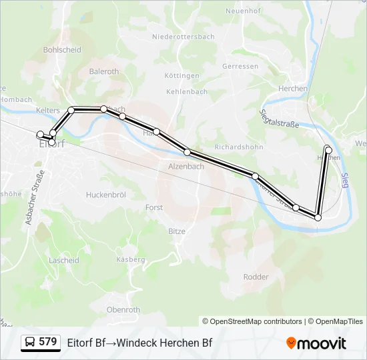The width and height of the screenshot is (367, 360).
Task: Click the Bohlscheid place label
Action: [x=62, y=49]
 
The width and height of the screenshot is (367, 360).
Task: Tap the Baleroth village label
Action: [x=103, y=71]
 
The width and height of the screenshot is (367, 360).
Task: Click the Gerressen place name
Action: [x=240, y=67]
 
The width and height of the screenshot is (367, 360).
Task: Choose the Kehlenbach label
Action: [x=187, y=92]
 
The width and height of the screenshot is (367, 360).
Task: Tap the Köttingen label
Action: [x=182, y=76]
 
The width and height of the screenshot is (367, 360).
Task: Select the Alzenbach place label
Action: [x=186, y=166]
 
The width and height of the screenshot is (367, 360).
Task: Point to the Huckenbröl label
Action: [x=106, y=195]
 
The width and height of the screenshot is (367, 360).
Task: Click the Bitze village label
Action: [x=176, y=231]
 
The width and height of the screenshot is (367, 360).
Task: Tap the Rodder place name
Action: [x=256, y=277]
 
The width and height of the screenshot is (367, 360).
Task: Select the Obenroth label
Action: [x=123, y=309]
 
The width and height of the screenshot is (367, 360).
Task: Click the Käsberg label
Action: [x=130, y=259]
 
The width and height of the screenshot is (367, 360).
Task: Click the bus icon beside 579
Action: [x=30, y=343]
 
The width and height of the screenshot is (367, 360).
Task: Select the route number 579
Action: [x=48, y=342]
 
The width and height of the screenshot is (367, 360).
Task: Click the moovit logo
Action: [x=316, y=343]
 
